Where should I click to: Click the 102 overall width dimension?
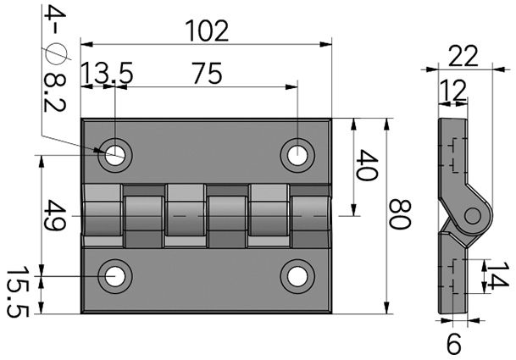tap(206, 30)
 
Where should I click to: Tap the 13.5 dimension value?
tap(107, 75)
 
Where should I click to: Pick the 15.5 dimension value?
tap(16, 292)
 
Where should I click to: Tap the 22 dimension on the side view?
tap(463, 57)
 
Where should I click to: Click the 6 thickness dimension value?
tap(453, 344)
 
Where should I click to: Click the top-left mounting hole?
tap(114, 154)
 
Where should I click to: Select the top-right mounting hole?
tap(296, 154)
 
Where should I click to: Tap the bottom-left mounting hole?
tap(114, 276)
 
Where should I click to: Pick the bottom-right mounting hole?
tap(296, 276)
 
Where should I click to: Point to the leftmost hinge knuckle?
tap(103, 215)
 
